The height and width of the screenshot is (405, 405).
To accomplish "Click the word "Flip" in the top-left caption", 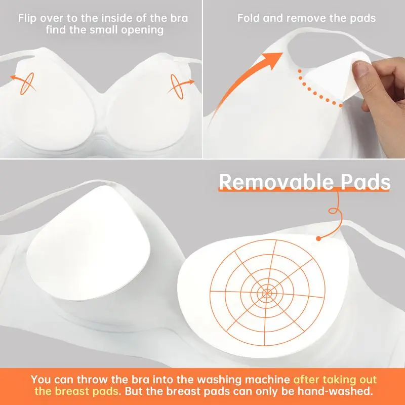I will pos(27,19).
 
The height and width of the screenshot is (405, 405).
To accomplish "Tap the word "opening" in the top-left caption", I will pos(145,30).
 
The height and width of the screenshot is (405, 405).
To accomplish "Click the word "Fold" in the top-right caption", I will pos(247,19).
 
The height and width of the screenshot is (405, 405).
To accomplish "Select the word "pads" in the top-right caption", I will pos(363,19).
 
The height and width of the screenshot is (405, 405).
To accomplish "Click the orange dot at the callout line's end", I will pos(319,238).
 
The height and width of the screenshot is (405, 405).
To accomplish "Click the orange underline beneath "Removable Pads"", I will pos(304,191).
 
